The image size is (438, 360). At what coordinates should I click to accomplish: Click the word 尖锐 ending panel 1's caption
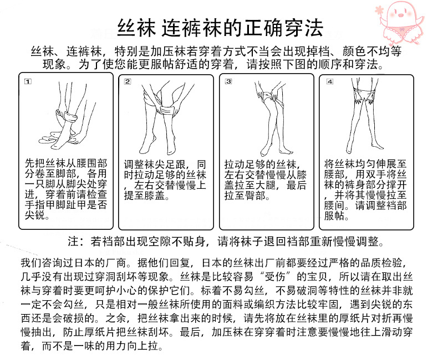(38, 215)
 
